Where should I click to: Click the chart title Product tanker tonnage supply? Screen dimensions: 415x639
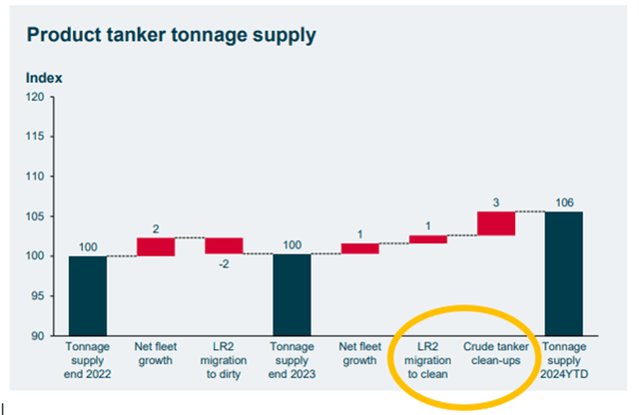171,36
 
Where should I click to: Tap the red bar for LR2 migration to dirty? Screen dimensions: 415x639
224,245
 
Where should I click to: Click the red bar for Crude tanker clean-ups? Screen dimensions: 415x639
496,223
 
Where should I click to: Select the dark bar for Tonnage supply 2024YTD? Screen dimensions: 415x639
564,273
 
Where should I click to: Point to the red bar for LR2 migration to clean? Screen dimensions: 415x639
428,239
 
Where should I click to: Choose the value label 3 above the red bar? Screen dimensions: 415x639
496,202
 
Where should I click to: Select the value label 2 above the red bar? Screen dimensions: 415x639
156,228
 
